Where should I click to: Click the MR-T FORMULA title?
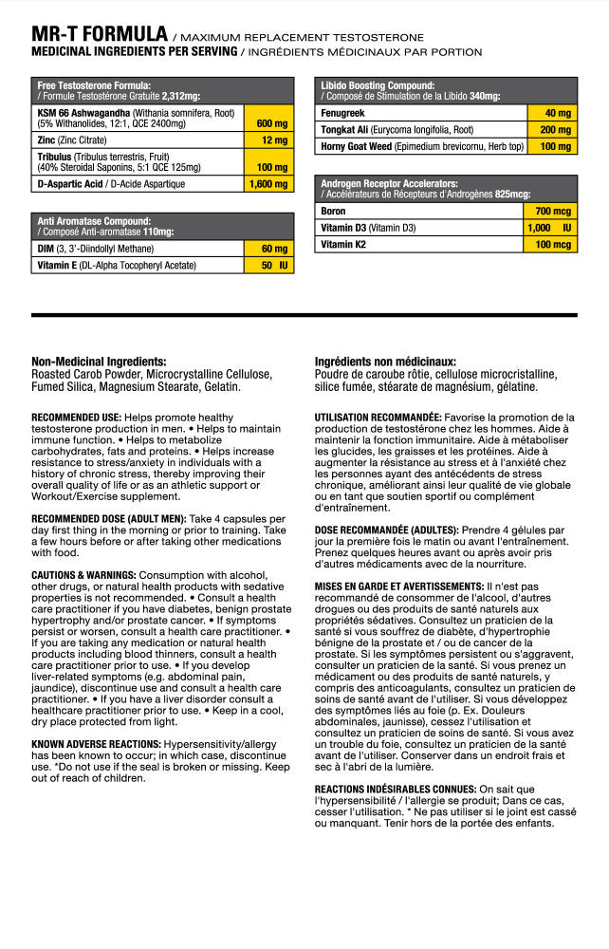(x=100, y=34)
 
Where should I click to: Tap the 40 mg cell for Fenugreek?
(x=550, y=113)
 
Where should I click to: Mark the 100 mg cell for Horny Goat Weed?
(x=550, y=147)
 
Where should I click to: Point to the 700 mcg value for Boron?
(x=550, y=211)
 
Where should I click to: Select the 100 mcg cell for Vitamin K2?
(x=550, y=245)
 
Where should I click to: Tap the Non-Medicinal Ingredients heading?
(x=99, y=362)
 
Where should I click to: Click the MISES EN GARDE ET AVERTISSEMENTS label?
(x=399, y=587)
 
